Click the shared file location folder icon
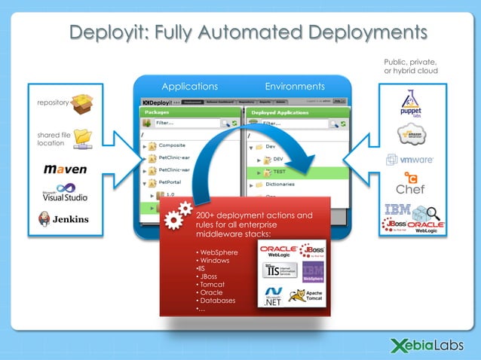coord(83,138)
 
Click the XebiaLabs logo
coord(422,345)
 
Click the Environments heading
coord(295,87)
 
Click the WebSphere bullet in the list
coord(214,251)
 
